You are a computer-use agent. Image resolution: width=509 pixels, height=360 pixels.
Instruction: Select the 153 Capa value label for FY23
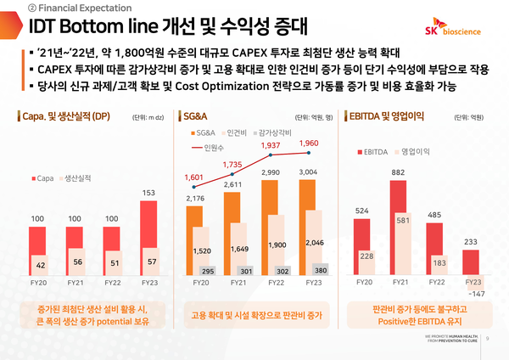(x=148, y=193)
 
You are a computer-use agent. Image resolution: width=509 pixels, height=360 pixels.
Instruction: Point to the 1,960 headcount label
(x=310, y=143)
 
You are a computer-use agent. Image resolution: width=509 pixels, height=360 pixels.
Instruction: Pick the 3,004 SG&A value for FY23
(x=310, y=172)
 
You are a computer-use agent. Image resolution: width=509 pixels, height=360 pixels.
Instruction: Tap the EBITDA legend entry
(x=371, y=152)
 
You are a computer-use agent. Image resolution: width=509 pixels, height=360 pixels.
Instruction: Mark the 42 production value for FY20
(x=41, y=266)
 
